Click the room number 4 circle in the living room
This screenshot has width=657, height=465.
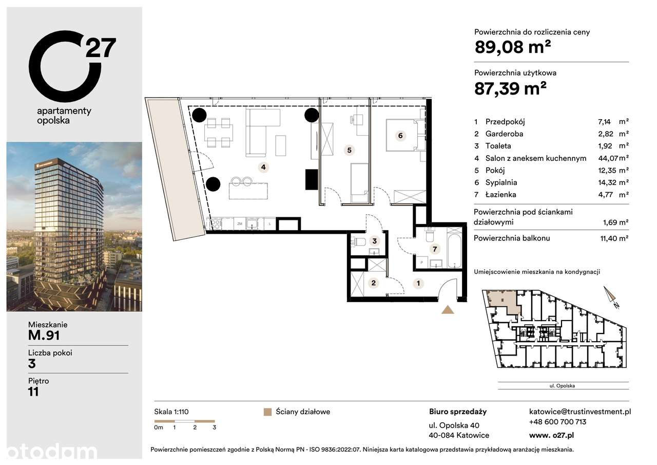pos(263,166)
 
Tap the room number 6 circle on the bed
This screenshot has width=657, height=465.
pos(400,136)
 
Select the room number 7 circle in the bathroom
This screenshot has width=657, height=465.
pos(435,249)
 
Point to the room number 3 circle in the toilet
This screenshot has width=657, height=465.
pos(375,240)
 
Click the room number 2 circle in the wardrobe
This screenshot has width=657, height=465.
pos(374,283)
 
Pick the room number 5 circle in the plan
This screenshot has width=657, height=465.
pos(349,150)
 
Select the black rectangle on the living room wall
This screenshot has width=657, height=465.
pos(312,179)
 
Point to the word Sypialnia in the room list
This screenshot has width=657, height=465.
pos(501,182)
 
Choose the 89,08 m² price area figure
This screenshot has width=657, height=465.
pos(513,48)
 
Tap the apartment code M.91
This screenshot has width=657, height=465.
pos(44,336)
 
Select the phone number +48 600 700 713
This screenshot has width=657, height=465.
pos(557,422)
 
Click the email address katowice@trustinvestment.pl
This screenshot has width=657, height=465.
pos(579,412)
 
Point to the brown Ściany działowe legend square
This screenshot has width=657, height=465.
pos(266,412)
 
